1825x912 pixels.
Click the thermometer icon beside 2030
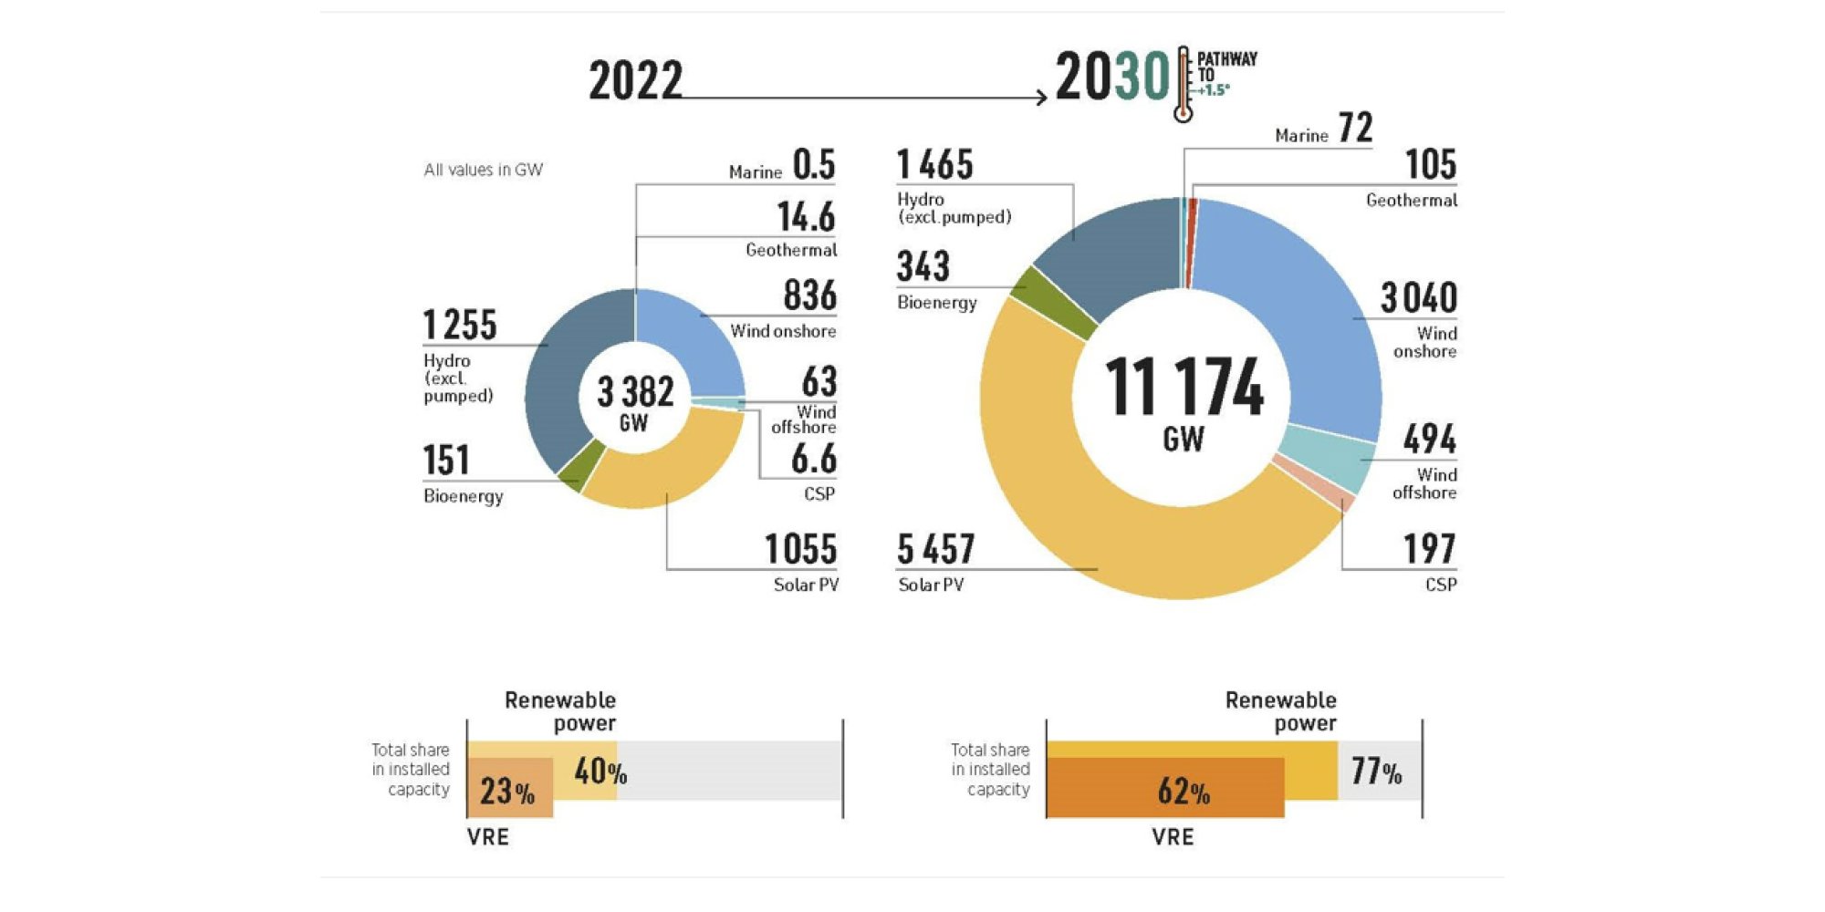click(x=1184, y=84)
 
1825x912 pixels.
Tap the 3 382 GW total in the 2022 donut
click(x=635, y=401)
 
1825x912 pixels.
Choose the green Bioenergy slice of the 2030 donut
click(x=1054, y=301)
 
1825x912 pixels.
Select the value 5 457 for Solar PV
click(x=936, y=550)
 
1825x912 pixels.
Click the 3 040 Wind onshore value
click(x=1418, y=298)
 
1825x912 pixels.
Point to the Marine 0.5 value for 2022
click(x=813, y=165)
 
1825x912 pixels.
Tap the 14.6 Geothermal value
click(x=806, y=217)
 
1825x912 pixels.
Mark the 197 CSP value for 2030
click(x=1429, y=549)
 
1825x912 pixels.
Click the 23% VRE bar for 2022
click(x=509, y=790)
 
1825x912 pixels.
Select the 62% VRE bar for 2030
click(x=1165, y=789)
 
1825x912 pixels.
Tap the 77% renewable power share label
click(x=1376, y=772)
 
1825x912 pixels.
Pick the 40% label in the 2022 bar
click(x=600, y=772)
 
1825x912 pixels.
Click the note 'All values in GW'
click(x=483, y=170)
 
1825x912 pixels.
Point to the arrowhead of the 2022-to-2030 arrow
click(x=1042, y=97)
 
